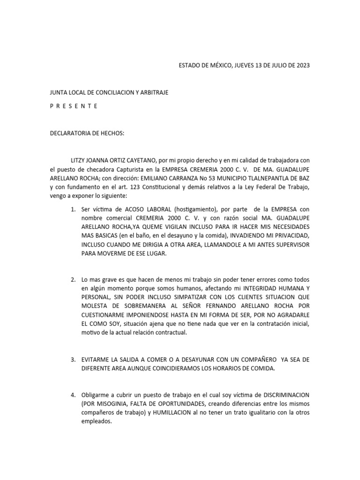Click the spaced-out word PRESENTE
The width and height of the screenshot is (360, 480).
74,106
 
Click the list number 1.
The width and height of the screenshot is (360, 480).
73,209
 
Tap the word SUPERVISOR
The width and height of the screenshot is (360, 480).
290,245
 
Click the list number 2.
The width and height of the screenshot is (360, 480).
73,279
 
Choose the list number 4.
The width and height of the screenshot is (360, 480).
73,394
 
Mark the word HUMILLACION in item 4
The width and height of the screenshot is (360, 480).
191,412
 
